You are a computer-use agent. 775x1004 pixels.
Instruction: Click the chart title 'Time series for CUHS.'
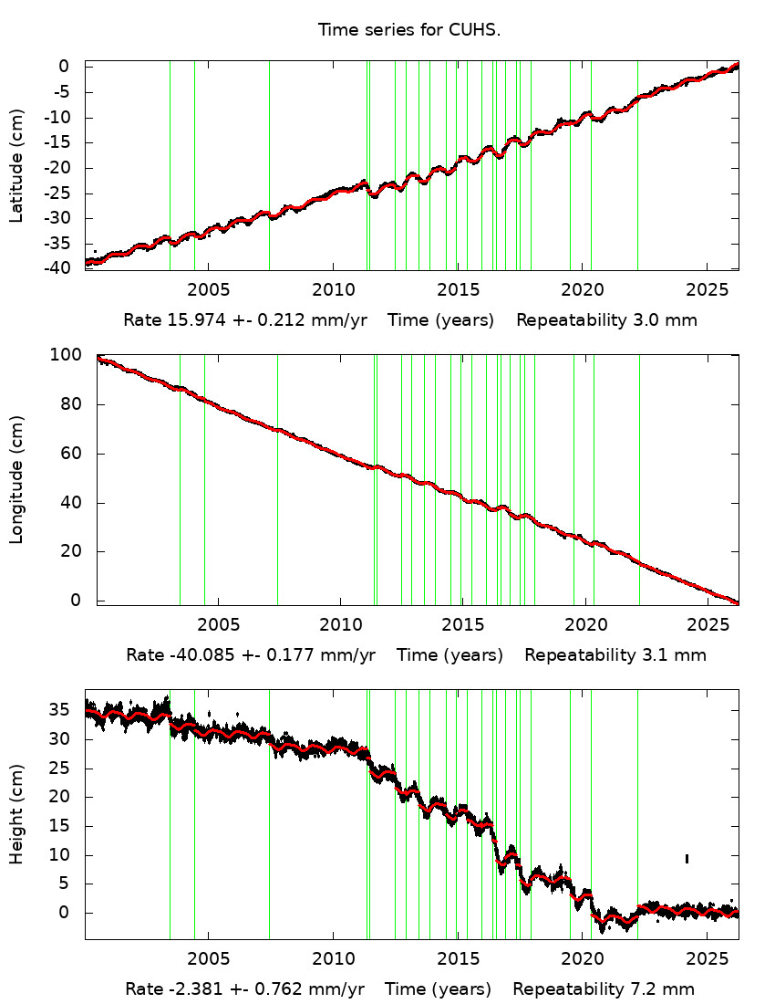pos(409,30)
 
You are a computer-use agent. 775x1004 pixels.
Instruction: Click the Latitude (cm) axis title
pos(17,166)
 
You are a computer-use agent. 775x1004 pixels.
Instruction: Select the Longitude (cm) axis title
pos(17,479)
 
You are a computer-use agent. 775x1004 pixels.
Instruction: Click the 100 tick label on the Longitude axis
pos(70,355)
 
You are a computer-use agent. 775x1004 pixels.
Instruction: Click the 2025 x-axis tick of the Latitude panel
pos(707,288)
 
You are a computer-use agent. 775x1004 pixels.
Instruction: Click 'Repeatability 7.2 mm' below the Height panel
pos(604,988)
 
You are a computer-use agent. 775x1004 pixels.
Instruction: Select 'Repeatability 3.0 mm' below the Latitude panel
pos(607,320)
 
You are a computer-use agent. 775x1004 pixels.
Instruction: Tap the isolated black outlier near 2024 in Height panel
pos(687,858)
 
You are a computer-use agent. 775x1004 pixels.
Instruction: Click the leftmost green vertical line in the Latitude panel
pos(170,164)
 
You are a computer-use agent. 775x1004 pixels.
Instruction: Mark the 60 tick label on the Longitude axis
pos(70,454)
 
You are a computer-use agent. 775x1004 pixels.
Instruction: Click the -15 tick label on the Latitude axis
pos(64,141)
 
